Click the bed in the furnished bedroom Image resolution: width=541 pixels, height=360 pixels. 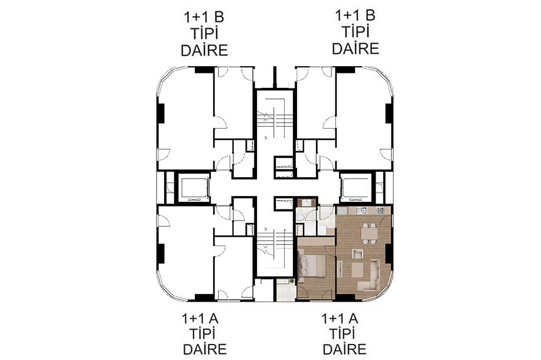coord(311,266)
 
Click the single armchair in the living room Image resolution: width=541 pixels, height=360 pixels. coord(357,254)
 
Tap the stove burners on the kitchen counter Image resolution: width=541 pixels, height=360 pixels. coord(380,210)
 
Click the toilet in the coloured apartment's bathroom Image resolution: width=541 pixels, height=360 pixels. coord(300,217)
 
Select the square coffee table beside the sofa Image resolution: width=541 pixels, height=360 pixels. coord(357,269)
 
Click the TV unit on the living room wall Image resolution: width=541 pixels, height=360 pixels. coord(340,269)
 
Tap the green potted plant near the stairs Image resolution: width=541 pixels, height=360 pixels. coord(292,282)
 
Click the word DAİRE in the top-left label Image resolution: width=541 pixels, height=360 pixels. coord(204,50)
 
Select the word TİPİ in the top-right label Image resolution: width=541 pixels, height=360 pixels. coord(356,32)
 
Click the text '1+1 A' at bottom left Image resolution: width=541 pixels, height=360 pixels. coord(200,319)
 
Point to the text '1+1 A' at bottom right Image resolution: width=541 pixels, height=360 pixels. coord(340,319)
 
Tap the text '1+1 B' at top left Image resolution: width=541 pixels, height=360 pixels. coord(204,17)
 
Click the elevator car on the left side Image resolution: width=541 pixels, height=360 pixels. coord(193,189)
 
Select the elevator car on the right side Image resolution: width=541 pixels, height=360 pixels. coord(356,189)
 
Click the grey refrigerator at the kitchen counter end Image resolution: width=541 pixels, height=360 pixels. coord(341,211)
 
